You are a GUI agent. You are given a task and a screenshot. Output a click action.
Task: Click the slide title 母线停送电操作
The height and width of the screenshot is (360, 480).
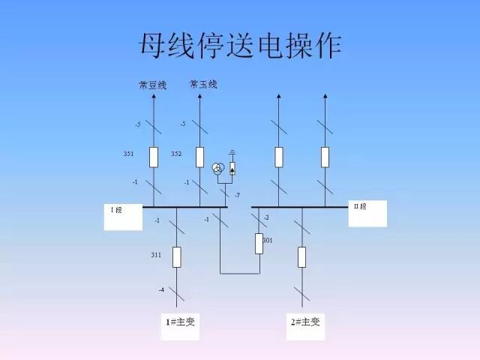pyautogui.click(x=240, y=46)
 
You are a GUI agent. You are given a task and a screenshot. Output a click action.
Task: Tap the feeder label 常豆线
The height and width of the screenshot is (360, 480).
pyautogui.click(x=152, y=85)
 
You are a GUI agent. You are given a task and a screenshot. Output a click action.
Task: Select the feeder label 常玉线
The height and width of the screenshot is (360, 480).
pyautogui.click(x=203, y=84)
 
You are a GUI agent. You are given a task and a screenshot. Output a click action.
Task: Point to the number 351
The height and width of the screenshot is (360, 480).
pyautogui.click(x=129, y=154)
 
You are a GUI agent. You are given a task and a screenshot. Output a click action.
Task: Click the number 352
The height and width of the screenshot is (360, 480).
pyautogui.click(x=176, y=154)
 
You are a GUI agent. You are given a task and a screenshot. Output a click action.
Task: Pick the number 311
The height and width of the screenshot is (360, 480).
pyautogui.click(x=156, y=255)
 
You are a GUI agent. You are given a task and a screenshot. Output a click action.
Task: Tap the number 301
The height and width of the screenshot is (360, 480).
pyautogui.click(x=268, y=240)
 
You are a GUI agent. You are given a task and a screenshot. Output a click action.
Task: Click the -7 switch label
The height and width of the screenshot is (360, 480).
pyautogui.click(x=237, y=195)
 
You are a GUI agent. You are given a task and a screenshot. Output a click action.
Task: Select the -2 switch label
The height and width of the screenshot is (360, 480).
pyautogui.click(x=265, y=217)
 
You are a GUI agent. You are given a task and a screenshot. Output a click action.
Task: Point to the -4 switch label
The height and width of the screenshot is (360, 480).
pyautogui.click(x=160, y=289)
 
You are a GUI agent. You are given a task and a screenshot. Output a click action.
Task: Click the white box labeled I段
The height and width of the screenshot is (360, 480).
pyautogui.click(x=122, y=216)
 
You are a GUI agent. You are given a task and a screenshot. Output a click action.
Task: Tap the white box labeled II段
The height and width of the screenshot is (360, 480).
pyautogui.click(x=367, y=213)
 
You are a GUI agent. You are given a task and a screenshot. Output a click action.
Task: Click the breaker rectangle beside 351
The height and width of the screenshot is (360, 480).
pyautogui.click(x=153, y=157)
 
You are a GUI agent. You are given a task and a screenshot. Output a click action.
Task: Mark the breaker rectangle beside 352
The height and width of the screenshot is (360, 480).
pyautogui.click(x=199, y=157)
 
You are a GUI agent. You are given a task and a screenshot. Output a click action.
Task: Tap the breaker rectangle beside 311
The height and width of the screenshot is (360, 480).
pyautogui.click(x=177, y=256)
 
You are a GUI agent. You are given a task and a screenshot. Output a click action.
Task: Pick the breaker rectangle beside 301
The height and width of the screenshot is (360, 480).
pyautogui.click(x=259, y=244)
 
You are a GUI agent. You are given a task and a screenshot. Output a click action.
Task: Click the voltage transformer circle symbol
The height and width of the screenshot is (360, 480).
pyautogui.click(x=218, y=168)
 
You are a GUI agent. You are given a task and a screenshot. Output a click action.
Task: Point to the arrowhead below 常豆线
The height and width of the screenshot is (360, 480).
pyautogui.click(x=153, y=96)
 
